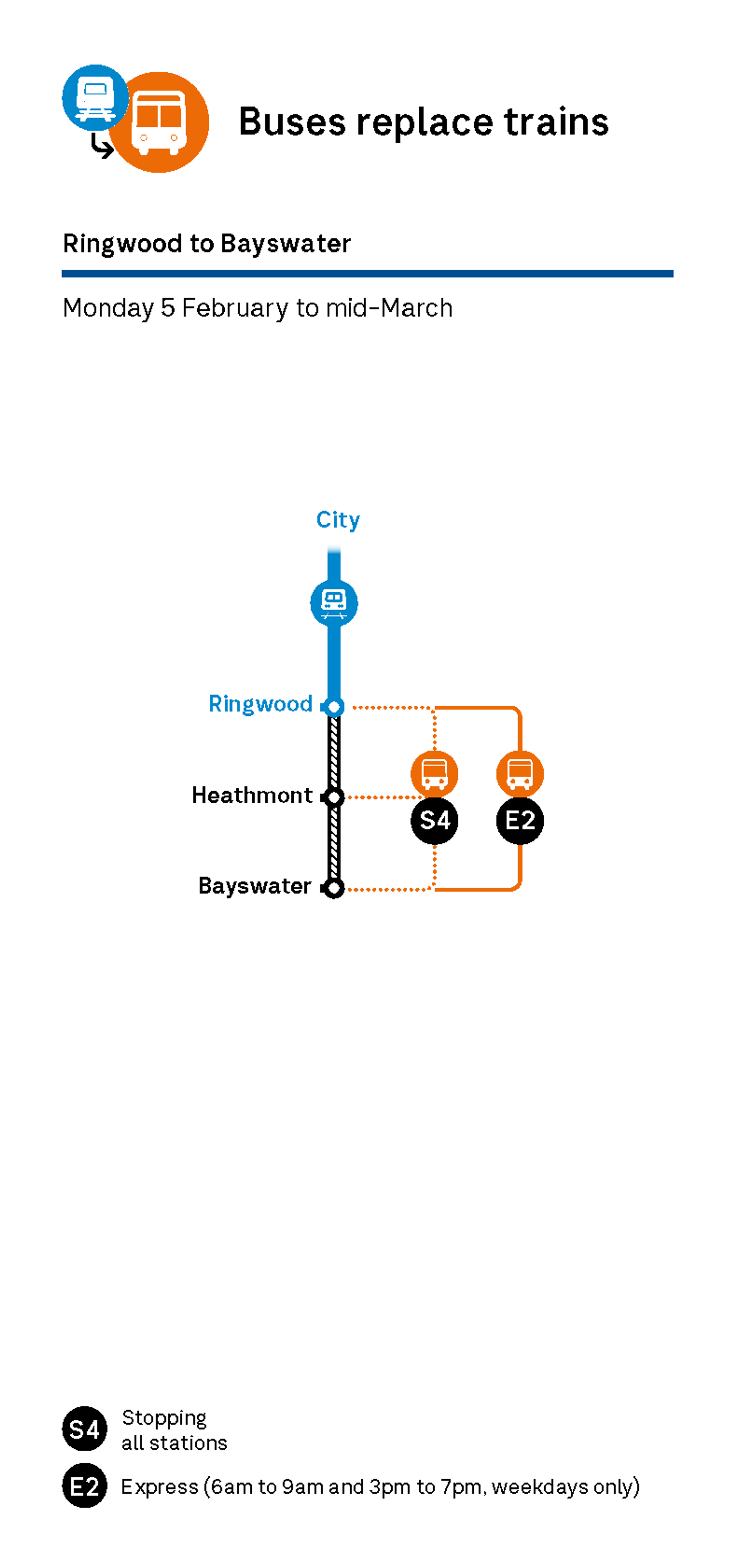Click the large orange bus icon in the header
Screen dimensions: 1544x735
pyautogui.click(x=159, y=123)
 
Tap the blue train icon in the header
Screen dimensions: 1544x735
pyautogui.click(x=95, y=97)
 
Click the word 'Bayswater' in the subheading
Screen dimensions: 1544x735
pyautogui.click(x=285, y=243)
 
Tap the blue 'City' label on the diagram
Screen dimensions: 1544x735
pyautogui.click(x=338, y=520)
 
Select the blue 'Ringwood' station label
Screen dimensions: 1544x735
pyautogui.click(x=260, y=704)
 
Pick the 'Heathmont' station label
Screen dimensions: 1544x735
pyautogui.click(x=252, y=795)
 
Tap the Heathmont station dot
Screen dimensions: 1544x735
pyautogui.click(x=334, y=797)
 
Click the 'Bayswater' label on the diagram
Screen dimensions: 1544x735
pyautogui.click(x=255, y=886)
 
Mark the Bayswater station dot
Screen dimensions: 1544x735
pyautogui.click(x=334, y=888)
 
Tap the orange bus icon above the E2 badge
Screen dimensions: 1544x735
pyautogui.click(x=520, y=773)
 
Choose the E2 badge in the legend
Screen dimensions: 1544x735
pyautogui.click(x=84, y=1486)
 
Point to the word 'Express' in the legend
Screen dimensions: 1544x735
pyautogui.click(x=159, y=1487)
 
